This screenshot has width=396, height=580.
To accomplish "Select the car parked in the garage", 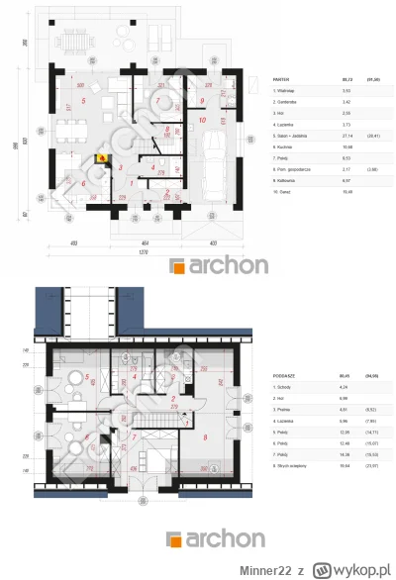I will pyautogui.click(x=211, y=177).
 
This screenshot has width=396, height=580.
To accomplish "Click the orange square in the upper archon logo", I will pyautogui.click(x=178, y=266).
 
